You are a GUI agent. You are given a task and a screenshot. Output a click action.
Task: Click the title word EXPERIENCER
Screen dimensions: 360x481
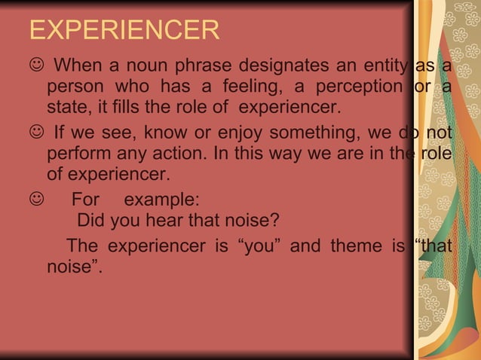click(x=124, y=31)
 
